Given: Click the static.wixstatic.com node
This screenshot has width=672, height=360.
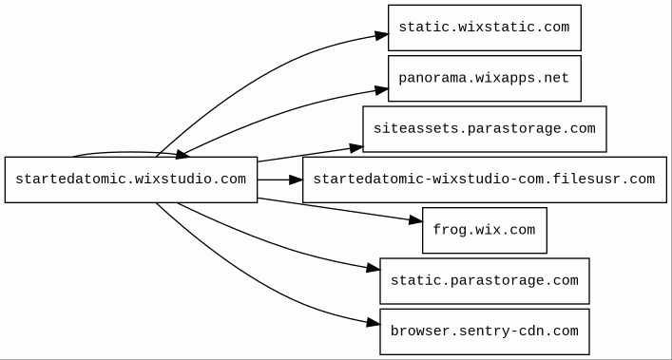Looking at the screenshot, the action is pyautogui.click(x=485, y=28).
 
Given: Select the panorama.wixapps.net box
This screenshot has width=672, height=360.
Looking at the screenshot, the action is pyautogui.click(x=485, y=78).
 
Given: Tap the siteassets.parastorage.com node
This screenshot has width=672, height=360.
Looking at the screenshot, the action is pyautogui.click(x=485, y=129).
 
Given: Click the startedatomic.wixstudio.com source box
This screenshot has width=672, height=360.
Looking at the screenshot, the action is pyautogui.click(x=131, y=180).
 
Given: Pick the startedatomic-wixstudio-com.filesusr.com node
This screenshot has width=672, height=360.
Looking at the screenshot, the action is pyautogui.click(x=485, y=180).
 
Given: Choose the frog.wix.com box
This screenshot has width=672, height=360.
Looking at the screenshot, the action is pyautogui.click(x=485, y=230).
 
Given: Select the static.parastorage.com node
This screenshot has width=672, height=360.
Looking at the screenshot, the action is pyautogui.click(x=485, y=281).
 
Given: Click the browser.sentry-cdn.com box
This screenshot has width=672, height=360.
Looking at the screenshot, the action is pyautogui.click(x=485, y=332).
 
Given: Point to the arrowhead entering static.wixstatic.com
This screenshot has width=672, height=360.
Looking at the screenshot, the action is pyautogui.click(x=382, y=35).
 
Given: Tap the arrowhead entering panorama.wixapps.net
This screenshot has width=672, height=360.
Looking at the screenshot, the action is pyautogui.click(x=382, y=90).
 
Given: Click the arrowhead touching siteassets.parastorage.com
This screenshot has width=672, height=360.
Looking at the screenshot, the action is pyautogui.click(x=356, y=148).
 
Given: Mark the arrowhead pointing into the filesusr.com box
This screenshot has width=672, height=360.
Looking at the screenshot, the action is pyautogui.click(x=297, y=180).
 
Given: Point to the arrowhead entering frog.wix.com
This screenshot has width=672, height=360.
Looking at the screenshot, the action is pyautogui.click(x=415, y=220).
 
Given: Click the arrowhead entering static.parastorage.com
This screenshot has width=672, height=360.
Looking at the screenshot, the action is pyautogui.click(x=374, y=269).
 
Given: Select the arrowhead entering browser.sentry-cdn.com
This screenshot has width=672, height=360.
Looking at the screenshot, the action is pyautogui.click(x=374, y=323).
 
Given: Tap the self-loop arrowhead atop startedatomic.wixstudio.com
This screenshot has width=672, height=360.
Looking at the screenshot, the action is pyautogui.click(x=182, y=155).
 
